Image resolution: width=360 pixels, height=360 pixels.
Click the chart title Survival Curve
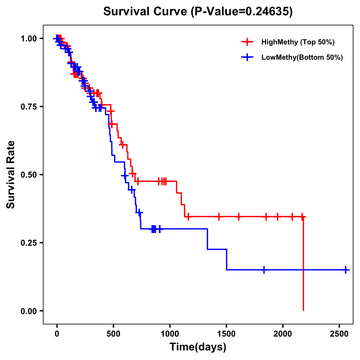(x=198, y=12)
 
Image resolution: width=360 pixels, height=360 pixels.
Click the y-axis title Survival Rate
(x=11, y=174)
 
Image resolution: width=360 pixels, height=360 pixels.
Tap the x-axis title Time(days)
(x=198, y=347)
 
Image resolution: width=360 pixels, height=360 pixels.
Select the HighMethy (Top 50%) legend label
(x=298, y=42)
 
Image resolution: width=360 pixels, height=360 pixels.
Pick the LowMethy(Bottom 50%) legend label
(x=302, y=57)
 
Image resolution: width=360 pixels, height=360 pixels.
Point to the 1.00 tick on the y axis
(x=28, y=38)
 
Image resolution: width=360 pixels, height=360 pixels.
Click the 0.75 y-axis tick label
(x=28, y=106)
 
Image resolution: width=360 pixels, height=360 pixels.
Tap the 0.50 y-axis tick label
(x=28, y=175)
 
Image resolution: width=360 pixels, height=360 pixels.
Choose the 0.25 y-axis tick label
(x=28, y=243)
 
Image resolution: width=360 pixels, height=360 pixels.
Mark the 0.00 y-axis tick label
(x=28, y=311)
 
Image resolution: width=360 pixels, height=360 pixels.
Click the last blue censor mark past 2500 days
(x=346, y=270)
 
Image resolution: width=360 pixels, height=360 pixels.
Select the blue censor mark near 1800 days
(x=264, y=270)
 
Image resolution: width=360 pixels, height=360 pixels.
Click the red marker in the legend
(x=247, y=42)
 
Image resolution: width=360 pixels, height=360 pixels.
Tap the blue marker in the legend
(x=247, y=57)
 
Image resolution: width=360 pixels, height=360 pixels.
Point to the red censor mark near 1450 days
(x=219, y=216)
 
